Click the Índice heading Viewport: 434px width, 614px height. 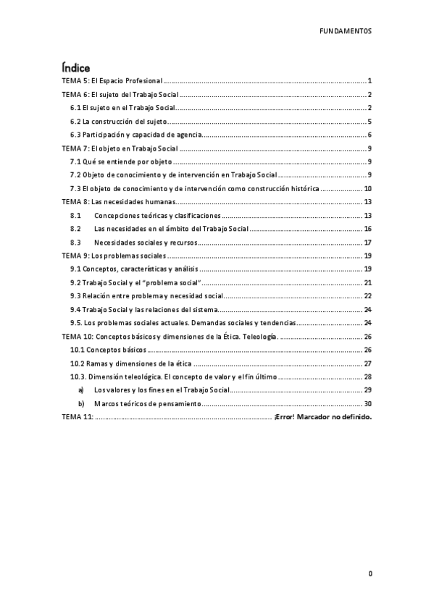(75, 67)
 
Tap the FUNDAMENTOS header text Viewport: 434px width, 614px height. (346, 32)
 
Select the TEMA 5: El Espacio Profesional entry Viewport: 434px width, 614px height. (112, 81)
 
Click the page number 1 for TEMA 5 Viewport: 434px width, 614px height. (370, 81)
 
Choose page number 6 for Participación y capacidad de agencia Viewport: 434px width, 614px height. (370, 135)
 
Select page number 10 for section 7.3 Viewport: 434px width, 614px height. (368, 188)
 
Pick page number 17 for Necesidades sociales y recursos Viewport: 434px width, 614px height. (368, 243)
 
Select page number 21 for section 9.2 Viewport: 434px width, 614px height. (368, 283)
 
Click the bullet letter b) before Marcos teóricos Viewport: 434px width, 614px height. (81, 404)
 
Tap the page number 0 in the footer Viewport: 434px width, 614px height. (370, 573)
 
